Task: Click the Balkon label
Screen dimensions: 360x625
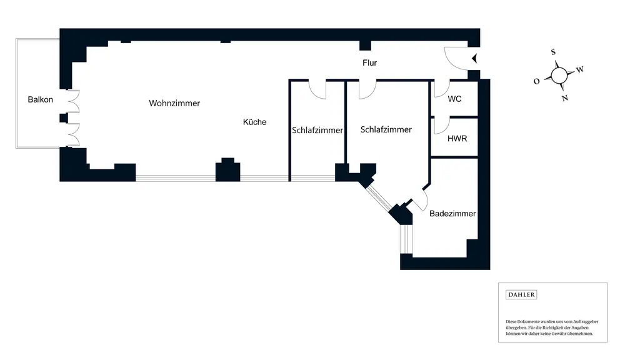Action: (x=41, y=99)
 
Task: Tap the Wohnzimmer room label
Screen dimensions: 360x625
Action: (x=174, y=103)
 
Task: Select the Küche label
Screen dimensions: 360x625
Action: (x=254, y=122)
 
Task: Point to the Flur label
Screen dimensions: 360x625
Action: (x=369, y=63)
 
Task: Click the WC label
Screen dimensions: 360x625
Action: (x=454, y=99)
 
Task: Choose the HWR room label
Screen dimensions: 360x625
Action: (x=457, y=138)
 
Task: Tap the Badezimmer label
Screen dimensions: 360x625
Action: (x=452, y=214)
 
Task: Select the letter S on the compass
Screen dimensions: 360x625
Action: (x=554, y=52)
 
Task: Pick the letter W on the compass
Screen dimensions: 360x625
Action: (x=579, y=69)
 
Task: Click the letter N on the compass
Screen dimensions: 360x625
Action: (x=564, y=98)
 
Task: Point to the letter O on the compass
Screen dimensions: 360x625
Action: (x=537, y=81)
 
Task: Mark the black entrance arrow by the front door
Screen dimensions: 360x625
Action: (x=474, y=59)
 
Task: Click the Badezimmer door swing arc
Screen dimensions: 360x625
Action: (x=419, y=201)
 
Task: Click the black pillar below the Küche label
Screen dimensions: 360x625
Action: (x=227, y=170)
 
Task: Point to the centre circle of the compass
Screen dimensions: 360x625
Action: (x=559, y=75)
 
